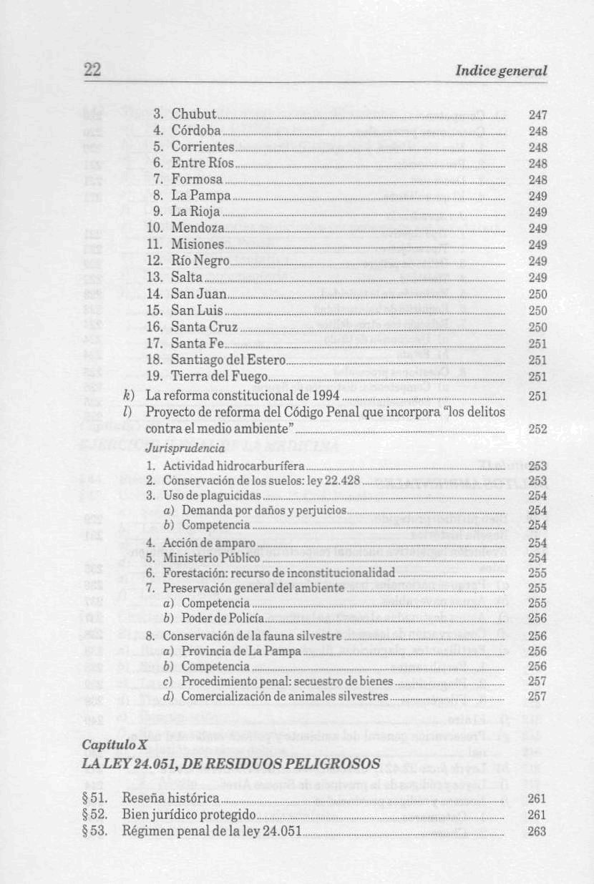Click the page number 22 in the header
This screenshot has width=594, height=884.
point(92,70)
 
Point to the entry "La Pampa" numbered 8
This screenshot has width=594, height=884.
point(200,195)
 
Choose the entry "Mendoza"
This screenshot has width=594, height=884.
point(198,228)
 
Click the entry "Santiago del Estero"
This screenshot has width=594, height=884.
point(228,360)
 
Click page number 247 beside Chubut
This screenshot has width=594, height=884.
point(537,114)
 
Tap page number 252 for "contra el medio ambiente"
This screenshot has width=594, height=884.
point(537,429)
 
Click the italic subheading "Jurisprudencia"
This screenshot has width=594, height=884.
point(185,448)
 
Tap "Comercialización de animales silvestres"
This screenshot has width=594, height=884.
point(284,696)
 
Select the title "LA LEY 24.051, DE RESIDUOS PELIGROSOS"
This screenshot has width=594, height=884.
point(230,763)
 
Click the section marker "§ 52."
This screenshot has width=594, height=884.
point(95,815)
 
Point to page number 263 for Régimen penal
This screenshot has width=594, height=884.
point(537,831)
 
